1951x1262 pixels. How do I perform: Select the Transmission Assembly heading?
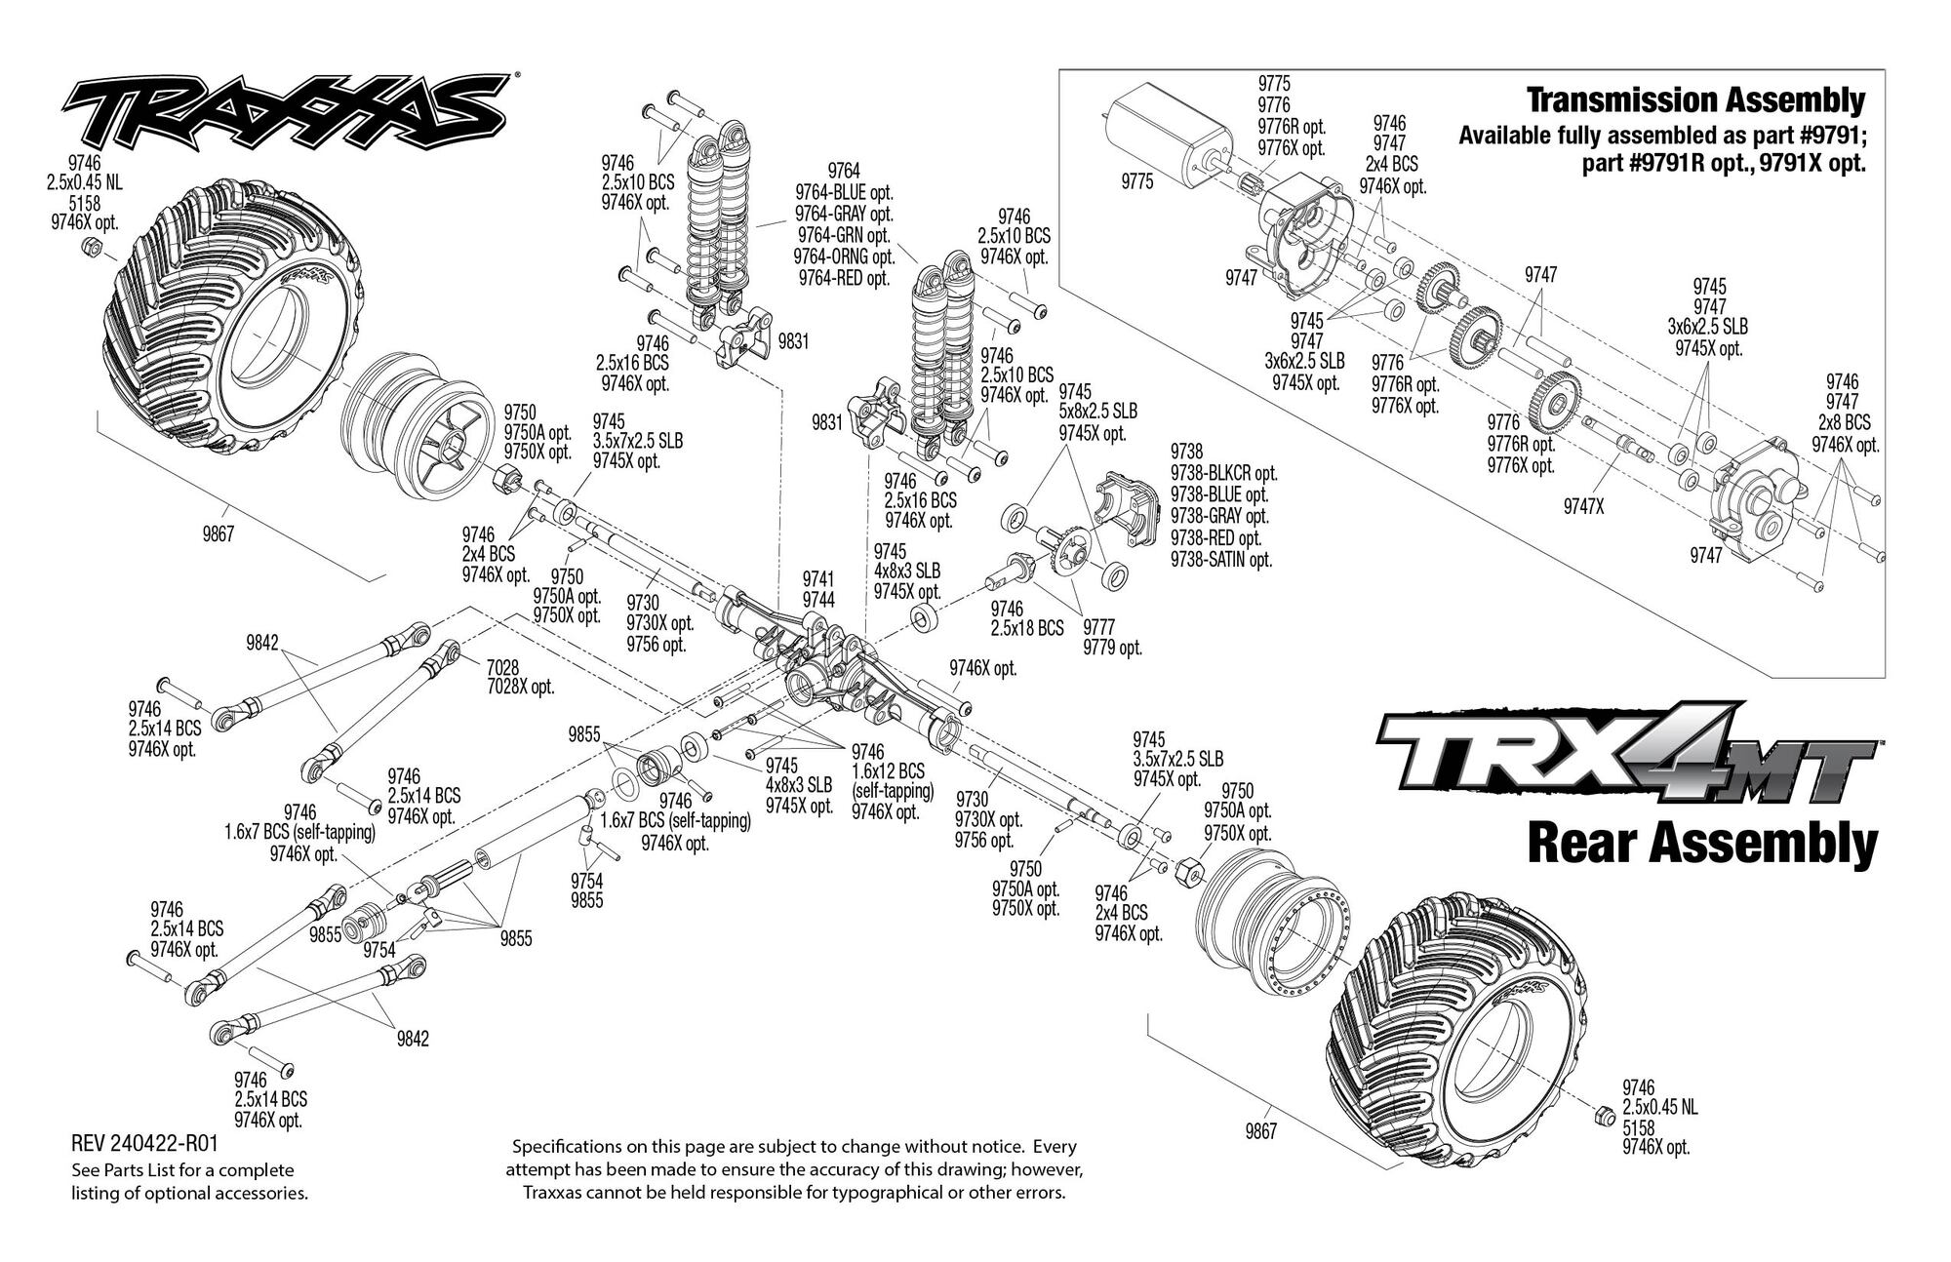point(1695,100)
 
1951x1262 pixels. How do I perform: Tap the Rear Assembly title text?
point(1702,844)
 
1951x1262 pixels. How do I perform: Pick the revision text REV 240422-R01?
point(144,1143)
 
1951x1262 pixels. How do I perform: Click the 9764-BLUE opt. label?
point(845,192)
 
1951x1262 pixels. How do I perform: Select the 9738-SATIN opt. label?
point(1221,560)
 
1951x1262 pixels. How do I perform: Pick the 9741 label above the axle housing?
point(818,580)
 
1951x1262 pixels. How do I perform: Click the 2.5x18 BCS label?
point(1026,629)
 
